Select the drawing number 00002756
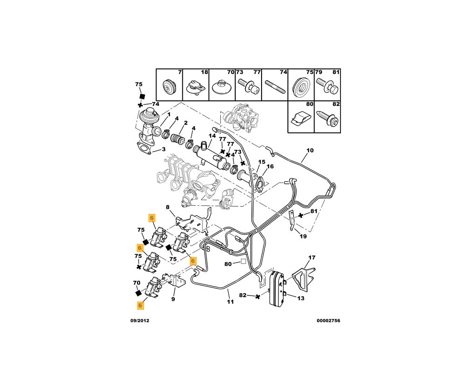(328, 321)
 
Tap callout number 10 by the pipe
(310, 151)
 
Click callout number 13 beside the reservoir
(301, 298)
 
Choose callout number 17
(312, 257)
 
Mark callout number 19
(303, 236)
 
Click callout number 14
(212, 136)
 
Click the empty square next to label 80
(244, 263)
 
